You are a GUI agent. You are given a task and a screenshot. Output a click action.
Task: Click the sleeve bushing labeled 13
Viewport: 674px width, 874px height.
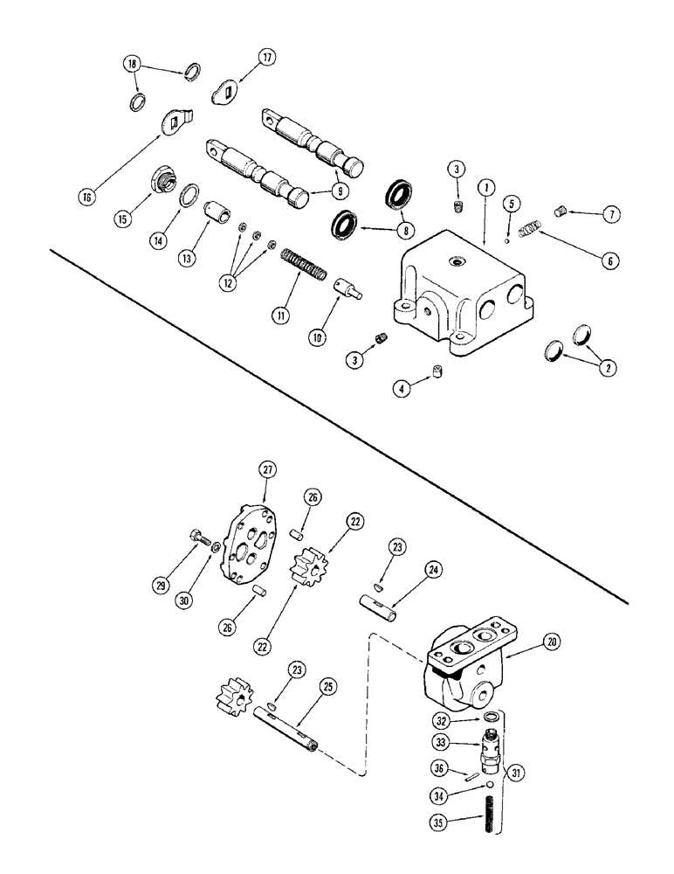tap(212, 212)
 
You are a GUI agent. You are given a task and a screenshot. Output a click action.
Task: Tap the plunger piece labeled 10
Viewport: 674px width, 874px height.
tap(347, 286)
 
